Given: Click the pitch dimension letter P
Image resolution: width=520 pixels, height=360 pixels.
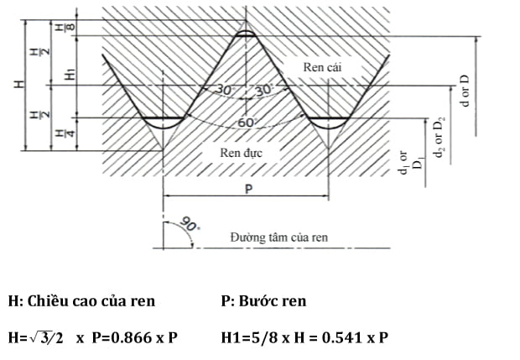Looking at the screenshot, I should click(248, 190).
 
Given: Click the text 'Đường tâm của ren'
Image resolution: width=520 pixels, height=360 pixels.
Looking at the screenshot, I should click(278, 237).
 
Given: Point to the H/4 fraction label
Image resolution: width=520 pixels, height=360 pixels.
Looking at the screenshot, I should click(60, 133).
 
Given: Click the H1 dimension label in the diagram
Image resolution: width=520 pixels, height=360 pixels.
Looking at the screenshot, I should click(70, 75).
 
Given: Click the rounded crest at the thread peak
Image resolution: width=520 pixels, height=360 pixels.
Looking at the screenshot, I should click(244, 34).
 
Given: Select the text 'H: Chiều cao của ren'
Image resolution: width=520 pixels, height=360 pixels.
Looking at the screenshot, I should click(81, 300).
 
